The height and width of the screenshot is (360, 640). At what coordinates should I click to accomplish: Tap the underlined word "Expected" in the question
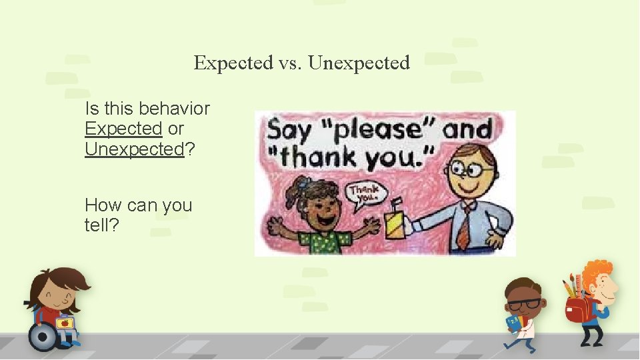click(123, 129)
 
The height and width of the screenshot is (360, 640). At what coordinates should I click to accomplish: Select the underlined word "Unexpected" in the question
click(134, 149)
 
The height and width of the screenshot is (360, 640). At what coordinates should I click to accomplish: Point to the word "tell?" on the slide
click(102, 225)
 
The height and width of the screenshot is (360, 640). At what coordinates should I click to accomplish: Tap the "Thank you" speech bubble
click(365, 194)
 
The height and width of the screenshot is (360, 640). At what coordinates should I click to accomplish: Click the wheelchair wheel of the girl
click(43, 336)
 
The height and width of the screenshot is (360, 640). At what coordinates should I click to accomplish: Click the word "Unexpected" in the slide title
click(359, 63)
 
